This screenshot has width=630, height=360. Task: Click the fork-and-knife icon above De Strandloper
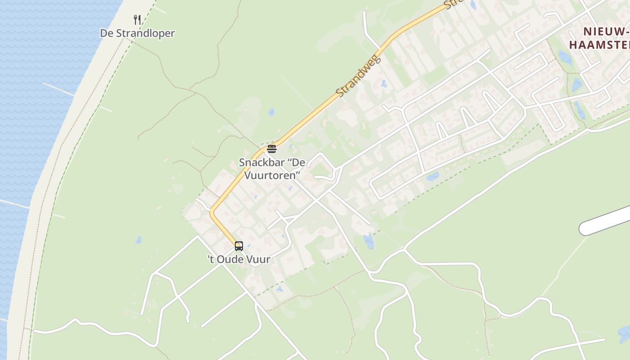point(137,20)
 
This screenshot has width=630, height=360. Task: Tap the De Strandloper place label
point(137,33)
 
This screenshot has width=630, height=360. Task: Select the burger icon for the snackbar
point(271,149)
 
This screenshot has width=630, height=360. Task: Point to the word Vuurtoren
point(272,175)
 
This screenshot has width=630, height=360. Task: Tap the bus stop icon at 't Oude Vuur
point(239,246)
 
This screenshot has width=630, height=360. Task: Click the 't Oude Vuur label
point(239,259)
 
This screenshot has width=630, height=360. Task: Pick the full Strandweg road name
point(359,76)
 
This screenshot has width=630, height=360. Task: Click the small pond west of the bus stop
point(138,240)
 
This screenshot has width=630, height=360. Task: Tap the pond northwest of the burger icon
point(271,112)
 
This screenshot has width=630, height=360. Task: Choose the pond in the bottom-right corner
point(624,334)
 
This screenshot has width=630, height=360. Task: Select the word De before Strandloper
point(106,33)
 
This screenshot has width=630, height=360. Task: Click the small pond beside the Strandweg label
point(383,83)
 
